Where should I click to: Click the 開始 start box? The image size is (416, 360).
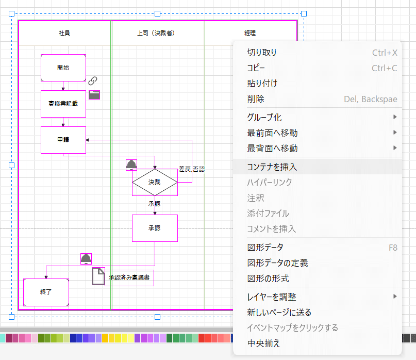63,68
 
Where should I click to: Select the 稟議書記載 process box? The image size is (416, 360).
63,104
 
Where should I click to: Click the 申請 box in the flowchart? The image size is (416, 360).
63,140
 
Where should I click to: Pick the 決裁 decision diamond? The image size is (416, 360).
155,182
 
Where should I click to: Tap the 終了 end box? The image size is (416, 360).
46,292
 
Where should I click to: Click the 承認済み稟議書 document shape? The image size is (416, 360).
129,277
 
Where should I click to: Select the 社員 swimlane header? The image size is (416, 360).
64,33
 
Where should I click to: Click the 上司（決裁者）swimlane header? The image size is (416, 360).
158,33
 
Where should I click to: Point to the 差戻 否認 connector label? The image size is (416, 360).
192,169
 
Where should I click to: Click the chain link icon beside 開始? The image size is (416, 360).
93,80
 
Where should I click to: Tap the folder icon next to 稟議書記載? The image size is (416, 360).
94,94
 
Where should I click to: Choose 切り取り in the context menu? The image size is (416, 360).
262,53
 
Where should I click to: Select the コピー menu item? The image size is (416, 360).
256,68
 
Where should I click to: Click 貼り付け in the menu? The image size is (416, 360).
262,84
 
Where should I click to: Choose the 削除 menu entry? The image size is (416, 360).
256,99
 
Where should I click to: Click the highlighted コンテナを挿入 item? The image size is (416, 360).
272,167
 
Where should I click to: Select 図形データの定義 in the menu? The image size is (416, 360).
277,263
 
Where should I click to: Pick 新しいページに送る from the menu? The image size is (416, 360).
279,313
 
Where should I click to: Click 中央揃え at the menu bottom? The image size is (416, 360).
263,343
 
